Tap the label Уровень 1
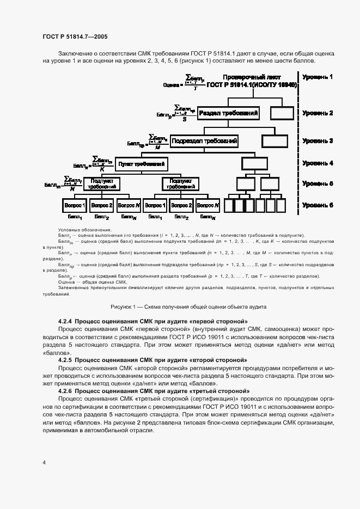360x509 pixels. tap(318, 77)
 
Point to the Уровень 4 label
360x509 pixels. tap(318, 163)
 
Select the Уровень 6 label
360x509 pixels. tap(318, 205)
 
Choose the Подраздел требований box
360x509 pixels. tap(204, 141)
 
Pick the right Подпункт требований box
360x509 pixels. tap(181, 183)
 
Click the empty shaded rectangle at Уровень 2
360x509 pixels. tap(282, 113)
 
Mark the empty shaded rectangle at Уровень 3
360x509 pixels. tap(274, 141)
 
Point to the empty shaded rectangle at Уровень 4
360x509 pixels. tap(255, 163)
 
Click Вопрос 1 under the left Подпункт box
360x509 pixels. tap(74, 206)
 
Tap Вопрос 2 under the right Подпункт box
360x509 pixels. tap(181, 206)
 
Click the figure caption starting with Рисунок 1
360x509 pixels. tap(188, 306)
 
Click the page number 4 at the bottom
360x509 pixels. tap(44, 462)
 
